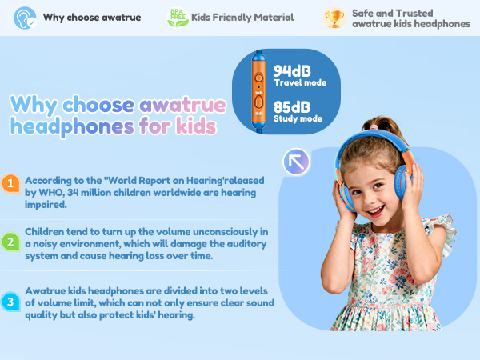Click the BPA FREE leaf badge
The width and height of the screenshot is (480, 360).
click(x=178, y=17)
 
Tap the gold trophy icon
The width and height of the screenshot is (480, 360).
click(x=334, y=17)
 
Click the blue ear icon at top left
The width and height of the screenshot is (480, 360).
click(x=26, y=17)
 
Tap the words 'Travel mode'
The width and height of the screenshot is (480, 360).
click(x=298, y=82)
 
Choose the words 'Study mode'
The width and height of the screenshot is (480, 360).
click(x=297, y=120)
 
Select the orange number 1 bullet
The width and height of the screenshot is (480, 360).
click(x=10, y=183)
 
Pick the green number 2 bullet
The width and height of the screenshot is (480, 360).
click(x=10, y=240)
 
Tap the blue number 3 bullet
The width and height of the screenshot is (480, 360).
click(x=10, y=302)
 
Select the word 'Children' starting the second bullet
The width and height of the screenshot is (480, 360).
click(x=46, y=232)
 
